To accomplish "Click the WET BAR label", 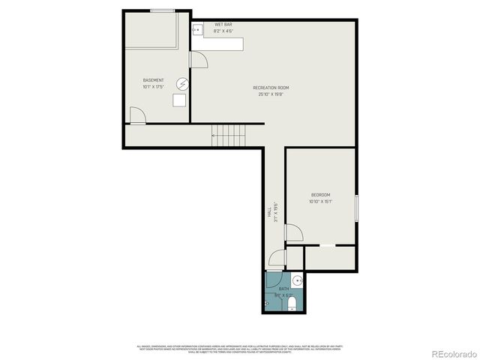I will click(x=223, y=24).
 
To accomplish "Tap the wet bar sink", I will click(x=198, y=30).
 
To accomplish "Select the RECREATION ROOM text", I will click(x=271, y=88).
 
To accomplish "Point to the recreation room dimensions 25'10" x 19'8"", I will click(x=271, y=95).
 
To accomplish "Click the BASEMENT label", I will click(x=154, y=80).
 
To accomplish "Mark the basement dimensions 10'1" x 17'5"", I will click(x=154, y=88).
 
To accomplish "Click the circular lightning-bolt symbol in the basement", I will click(x=182, y=83).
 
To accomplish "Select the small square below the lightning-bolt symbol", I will click(x=181, y=100).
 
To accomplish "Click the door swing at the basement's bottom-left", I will click(x=137, y=115).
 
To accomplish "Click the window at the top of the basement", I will click(x=163, y=10).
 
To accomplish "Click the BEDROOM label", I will click(x=321, y=194).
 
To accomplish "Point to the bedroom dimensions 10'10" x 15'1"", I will click(x=321, y=201).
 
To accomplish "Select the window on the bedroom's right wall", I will click(x=357, y=208).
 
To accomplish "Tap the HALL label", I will click(x=269, y=212).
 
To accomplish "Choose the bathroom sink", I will click(x=298, y=281).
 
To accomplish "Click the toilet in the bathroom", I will click(x=294, y=302).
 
